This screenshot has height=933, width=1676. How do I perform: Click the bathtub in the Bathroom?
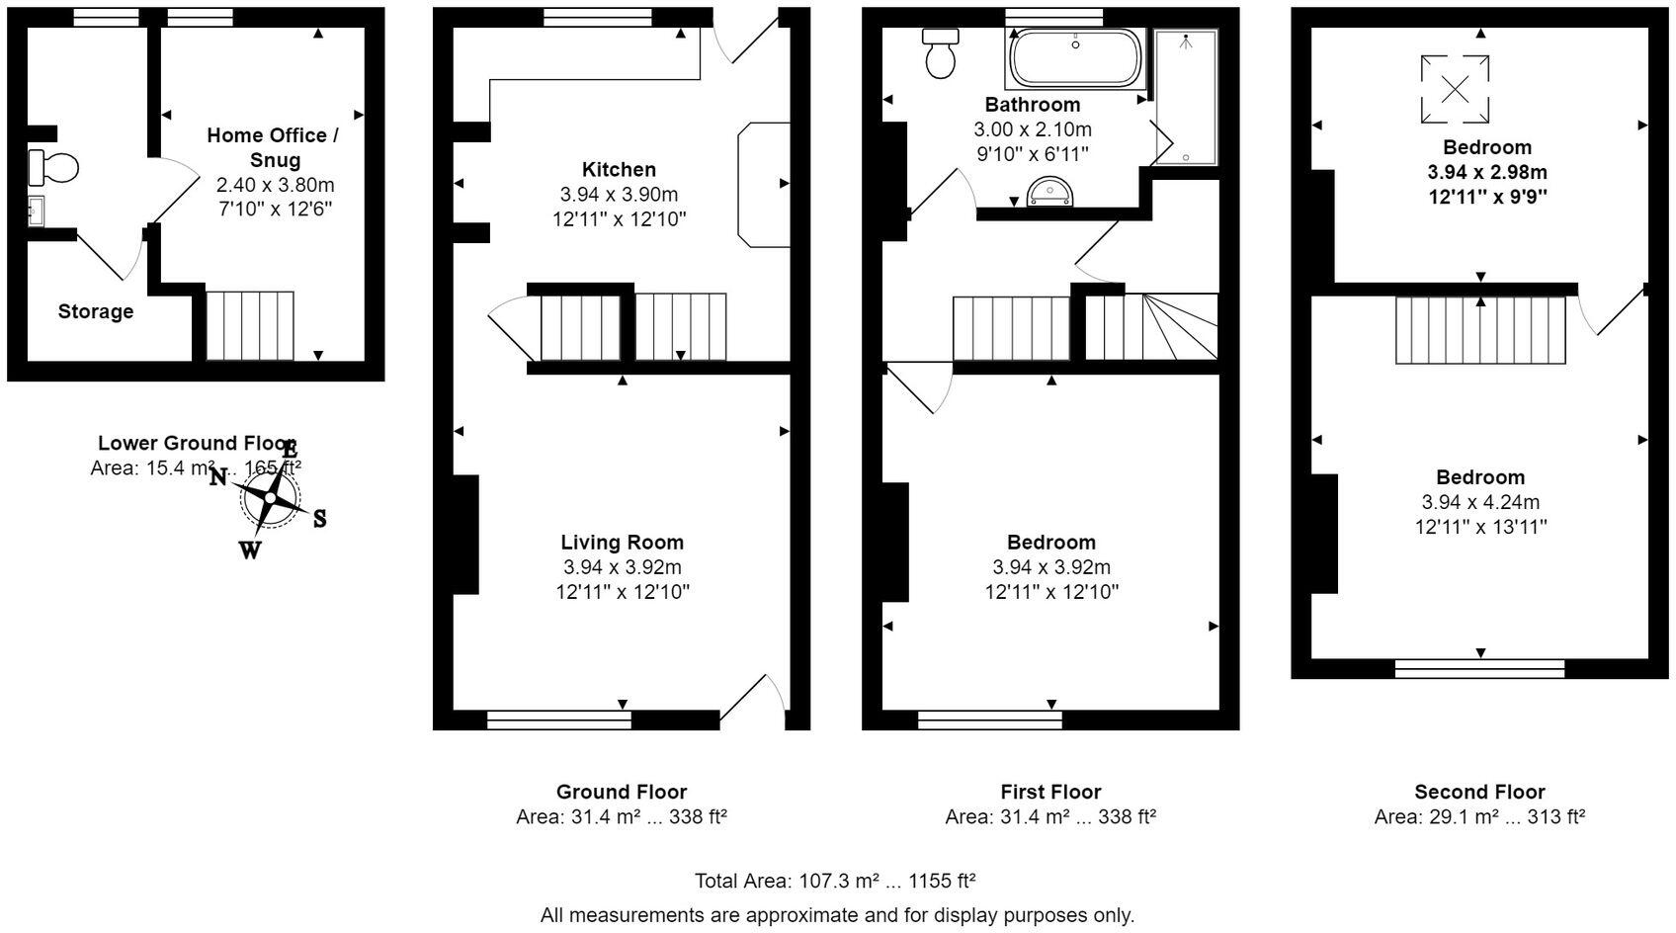[1075, 58]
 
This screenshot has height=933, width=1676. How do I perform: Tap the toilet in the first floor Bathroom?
[940, 54]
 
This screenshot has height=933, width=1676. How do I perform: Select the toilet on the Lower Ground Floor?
[54, 168]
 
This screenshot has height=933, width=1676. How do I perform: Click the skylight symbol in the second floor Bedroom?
[1455, 89]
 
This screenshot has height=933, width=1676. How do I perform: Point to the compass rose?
[270, 497]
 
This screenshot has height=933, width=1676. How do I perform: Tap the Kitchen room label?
[619, 170]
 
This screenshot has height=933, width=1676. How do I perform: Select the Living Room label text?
[622, 542]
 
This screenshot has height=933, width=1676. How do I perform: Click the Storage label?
[95, 311]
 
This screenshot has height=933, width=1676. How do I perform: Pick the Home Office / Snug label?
[273, 147]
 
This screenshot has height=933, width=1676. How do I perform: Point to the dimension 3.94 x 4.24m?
[1479, 502]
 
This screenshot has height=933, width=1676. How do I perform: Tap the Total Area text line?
[836, 881]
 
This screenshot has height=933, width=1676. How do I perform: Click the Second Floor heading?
[1478, 792]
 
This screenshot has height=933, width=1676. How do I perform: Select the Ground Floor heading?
[621, 792]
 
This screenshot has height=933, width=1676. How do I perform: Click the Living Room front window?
[559, 721]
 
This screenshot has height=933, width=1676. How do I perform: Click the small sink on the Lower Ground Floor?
[36, 211]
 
